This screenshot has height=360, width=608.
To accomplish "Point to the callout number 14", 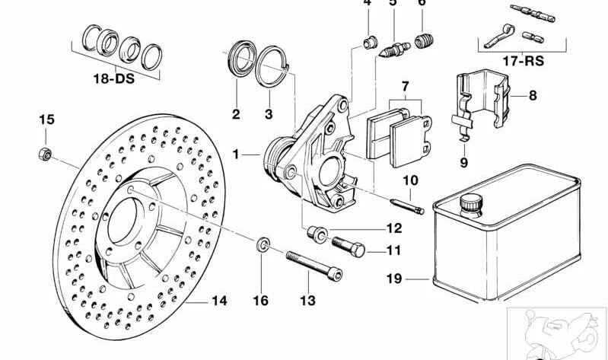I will [219, 301].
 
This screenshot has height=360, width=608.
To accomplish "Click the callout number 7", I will [406, 85].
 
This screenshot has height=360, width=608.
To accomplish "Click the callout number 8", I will [533, 96].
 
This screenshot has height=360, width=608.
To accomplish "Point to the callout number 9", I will [463, 161].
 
